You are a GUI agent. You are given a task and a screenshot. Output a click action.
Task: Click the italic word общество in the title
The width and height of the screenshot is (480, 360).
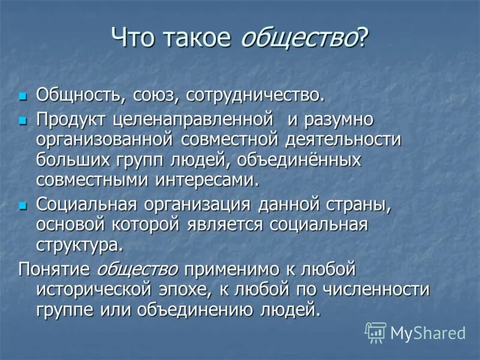pos(299,40)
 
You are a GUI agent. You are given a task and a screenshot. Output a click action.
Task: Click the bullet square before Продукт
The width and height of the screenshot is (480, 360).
pos(23,121)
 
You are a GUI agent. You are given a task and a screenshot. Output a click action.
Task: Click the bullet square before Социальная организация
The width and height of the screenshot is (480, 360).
pos(23,205)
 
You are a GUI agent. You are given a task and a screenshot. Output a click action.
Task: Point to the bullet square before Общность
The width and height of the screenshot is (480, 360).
pos(23,96)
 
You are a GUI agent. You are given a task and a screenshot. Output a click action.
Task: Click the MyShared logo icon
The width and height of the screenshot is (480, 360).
pos(376,332)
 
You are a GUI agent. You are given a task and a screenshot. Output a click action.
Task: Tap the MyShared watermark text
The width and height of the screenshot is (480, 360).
pos(428,333)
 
